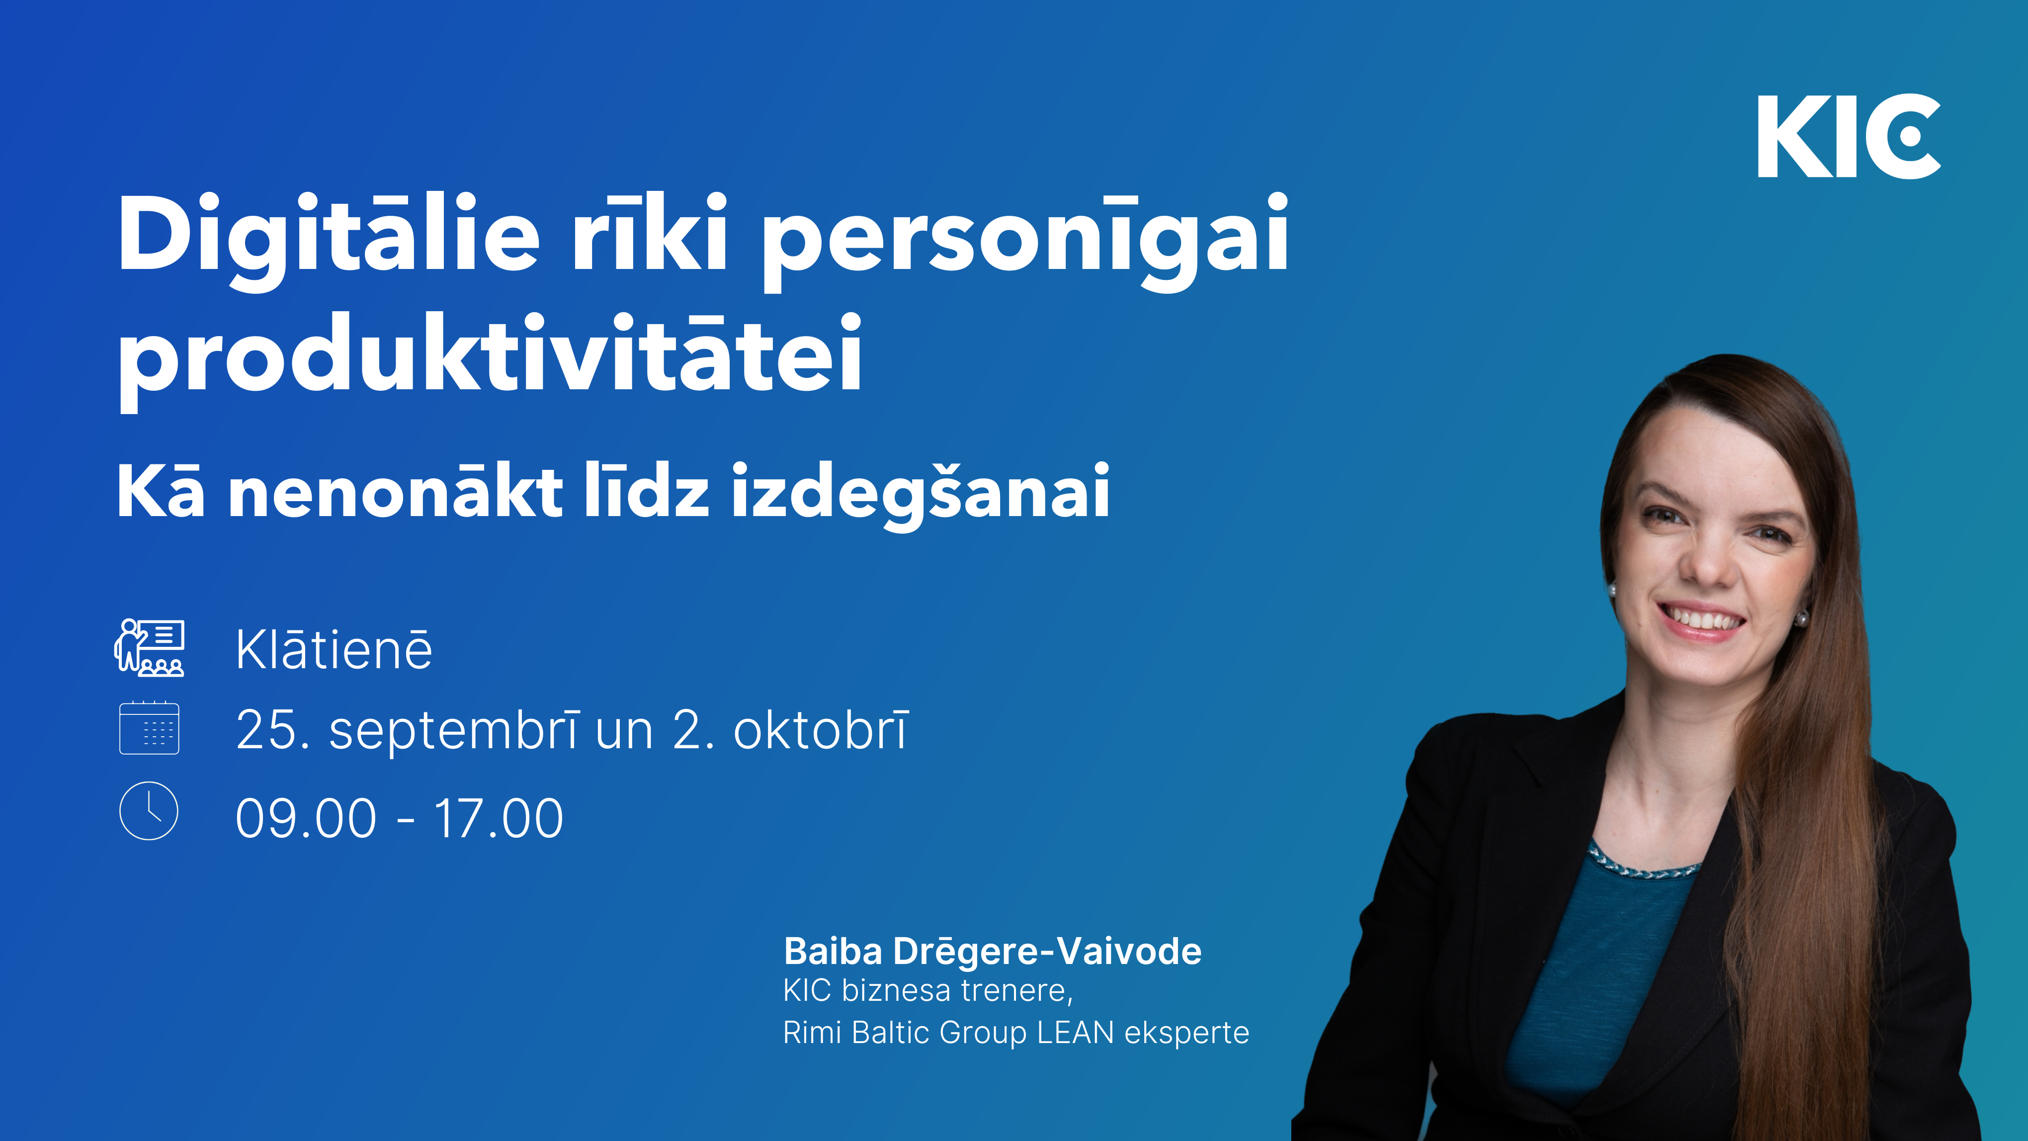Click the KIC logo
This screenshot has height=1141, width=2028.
(1849, 136)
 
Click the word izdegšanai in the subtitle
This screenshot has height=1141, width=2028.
(921, 494)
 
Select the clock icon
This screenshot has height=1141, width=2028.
(149, 810)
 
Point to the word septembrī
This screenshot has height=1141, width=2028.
(455, 731)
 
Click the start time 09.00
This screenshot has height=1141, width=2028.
(306, 818)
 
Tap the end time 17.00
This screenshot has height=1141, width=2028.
(499, 818)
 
